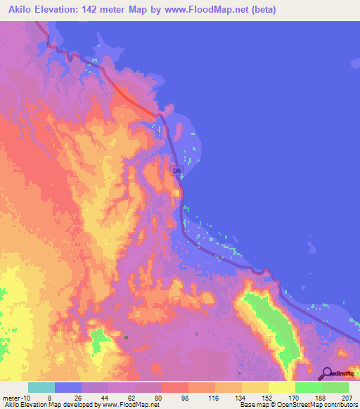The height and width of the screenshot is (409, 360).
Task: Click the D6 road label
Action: point(178,171)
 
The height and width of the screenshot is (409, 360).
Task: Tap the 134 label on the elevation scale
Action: point(240,396)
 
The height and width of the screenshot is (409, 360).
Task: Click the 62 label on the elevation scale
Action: point(120,396)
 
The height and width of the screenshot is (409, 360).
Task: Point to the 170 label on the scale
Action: point(293,396)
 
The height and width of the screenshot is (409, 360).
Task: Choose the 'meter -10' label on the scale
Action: point(15,396)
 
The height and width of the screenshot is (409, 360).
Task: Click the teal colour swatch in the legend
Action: point(41,387)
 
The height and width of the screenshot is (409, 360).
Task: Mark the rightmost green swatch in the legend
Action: point(335,387)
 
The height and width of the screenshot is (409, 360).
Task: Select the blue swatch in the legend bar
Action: point(67,387)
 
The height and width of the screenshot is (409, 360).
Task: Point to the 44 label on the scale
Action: point(94,396)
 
